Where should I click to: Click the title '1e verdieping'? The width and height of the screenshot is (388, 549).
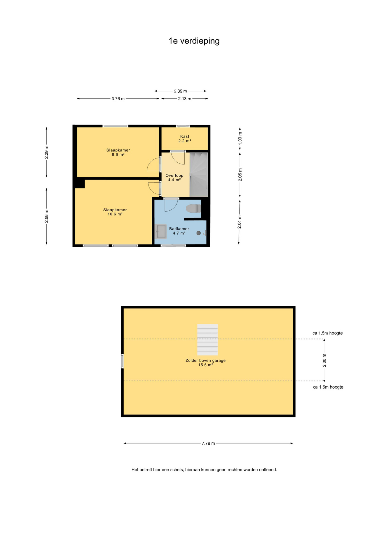point(194,41)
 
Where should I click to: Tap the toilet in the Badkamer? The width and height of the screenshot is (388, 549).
point(193,209)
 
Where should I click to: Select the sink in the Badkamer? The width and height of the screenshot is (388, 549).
point(161,232)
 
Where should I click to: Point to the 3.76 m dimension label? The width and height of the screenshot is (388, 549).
point(118,99)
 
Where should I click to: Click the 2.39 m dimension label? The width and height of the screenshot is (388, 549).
point(180,91)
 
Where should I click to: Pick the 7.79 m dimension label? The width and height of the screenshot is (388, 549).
point(208,443)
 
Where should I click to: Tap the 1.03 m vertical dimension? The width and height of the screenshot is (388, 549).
point(240,138)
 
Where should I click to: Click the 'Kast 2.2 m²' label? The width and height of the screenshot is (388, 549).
point(185,139)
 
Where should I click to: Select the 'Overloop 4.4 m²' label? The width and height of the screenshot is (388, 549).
point(174,178)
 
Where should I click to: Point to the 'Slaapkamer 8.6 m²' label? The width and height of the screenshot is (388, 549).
point(118,152)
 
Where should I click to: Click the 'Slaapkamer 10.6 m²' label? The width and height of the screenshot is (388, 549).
point(115,212)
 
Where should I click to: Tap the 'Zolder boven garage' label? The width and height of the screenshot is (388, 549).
point(205,361)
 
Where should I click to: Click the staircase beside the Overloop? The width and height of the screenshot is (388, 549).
point(199,175)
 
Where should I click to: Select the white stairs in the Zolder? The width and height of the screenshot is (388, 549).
point(207,340)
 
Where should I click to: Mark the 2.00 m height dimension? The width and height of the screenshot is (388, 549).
point(324,360)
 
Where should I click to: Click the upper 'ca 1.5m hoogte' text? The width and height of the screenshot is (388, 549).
point(327,333)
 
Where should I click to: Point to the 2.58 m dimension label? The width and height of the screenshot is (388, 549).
point(47,216)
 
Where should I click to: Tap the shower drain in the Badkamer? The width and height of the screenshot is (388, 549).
point(199,233)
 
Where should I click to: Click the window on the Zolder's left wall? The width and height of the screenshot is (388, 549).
point(122,361)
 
